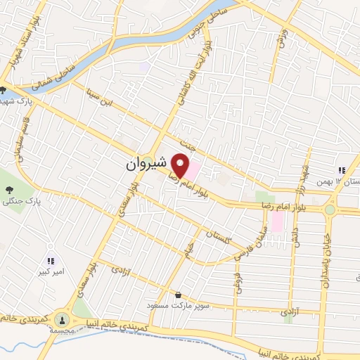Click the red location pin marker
click(x=181, y=166)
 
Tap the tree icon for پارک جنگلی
click(x=9, y=190)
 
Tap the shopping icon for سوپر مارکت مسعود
click(x=178, y=295)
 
